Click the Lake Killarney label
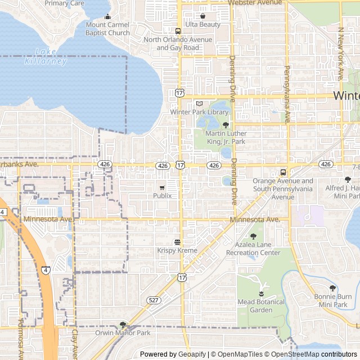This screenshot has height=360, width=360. pos(46,56)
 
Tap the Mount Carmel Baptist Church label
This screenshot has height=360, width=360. pos(107,29)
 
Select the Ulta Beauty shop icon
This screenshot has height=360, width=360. pos(202,16)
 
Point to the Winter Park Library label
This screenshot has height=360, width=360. pos(199,112)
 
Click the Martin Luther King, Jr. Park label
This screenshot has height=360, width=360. pos(225,137)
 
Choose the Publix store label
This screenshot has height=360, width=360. pos(162,195)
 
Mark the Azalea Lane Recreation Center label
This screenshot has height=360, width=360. pos(253,249)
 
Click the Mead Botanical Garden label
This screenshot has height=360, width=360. pos(261,305)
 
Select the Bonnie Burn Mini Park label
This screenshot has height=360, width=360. pos(332,300)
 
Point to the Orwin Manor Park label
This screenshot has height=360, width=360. pos(123,332)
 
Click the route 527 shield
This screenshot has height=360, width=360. pos(152,316)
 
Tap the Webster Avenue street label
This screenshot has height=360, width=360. pos(255,3)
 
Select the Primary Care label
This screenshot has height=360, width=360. pos(64,3)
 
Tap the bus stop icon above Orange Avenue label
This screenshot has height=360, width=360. pos(283,172)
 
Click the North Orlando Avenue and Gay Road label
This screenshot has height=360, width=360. pos(178,43)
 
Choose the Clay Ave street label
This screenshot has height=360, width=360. pos(74,344)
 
